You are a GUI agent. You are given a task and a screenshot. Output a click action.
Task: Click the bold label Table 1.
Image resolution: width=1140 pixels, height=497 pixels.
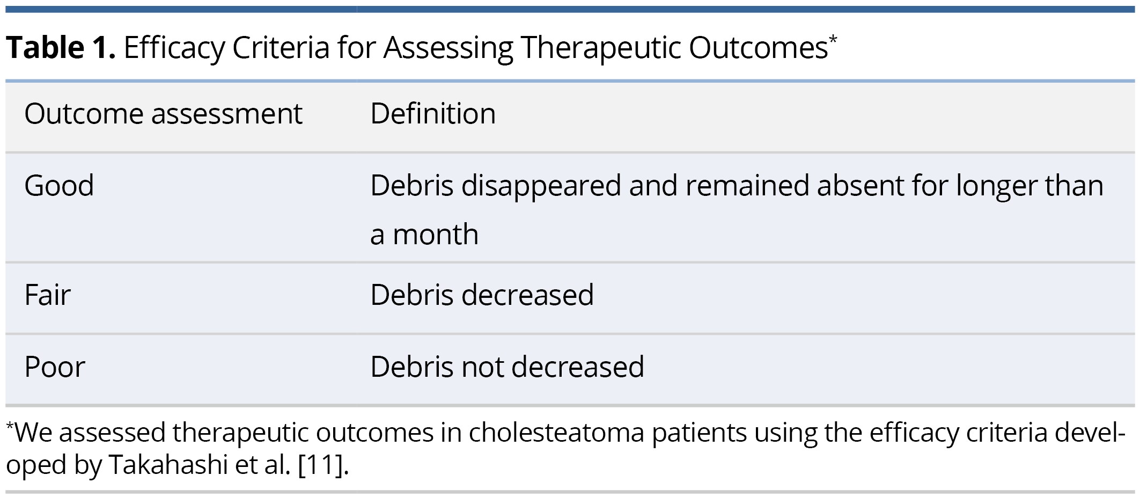point(61,48)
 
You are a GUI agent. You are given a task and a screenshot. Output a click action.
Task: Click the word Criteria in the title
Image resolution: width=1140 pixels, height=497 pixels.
point(281,48)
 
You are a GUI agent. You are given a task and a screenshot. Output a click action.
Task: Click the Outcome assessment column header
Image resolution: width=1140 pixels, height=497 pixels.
point(164,113)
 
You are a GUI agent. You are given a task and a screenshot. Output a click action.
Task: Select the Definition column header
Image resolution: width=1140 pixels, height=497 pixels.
point(433,113)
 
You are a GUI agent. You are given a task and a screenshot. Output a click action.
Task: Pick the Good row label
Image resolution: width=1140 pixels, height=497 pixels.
point(59,186)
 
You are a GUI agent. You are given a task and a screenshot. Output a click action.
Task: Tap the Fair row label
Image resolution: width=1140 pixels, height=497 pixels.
point(47,295)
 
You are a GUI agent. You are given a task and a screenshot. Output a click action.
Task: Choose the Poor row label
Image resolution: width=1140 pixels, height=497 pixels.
point(55,367)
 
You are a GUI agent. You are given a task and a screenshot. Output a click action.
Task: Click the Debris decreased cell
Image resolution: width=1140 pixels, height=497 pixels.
point(482,295)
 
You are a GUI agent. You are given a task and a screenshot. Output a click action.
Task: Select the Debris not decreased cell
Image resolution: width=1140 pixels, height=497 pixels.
point(507,367)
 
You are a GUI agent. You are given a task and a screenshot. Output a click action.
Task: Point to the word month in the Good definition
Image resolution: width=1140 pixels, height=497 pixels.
point(436,235)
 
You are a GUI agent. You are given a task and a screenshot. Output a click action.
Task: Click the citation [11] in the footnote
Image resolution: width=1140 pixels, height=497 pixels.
point(320,465)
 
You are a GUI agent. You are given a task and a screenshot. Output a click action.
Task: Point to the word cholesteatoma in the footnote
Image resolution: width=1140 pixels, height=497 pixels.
point(556,433)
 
